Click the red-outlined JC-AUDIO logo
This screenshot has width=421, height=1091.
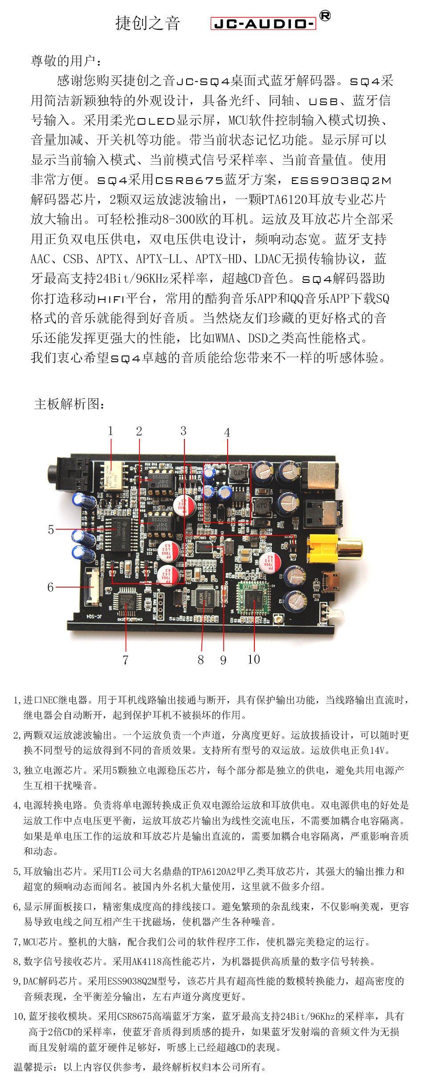coord(263,24)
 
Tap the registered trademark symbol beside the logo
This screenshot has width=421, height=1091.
coord(325,16)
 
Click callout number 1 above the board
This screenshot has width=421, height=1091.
coord(110,431)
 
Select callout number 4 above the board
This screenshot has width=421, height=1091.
coord(227,433)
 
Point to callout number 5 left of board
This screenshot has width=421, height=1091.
coord(51,529)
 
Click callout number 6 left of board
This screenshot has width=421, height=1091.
coord(50,587)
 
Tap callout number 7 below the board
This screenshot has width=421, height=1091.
coord(126,660)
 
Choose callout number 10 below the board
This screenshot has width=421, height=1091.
coord(253,659)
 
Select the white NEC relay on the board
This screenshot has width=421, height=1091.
coord(114,475)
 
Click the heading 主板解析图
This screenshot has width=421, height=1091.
coord(69,404)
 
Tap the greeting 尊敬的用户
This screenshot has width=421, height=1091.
coord(66,61)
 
